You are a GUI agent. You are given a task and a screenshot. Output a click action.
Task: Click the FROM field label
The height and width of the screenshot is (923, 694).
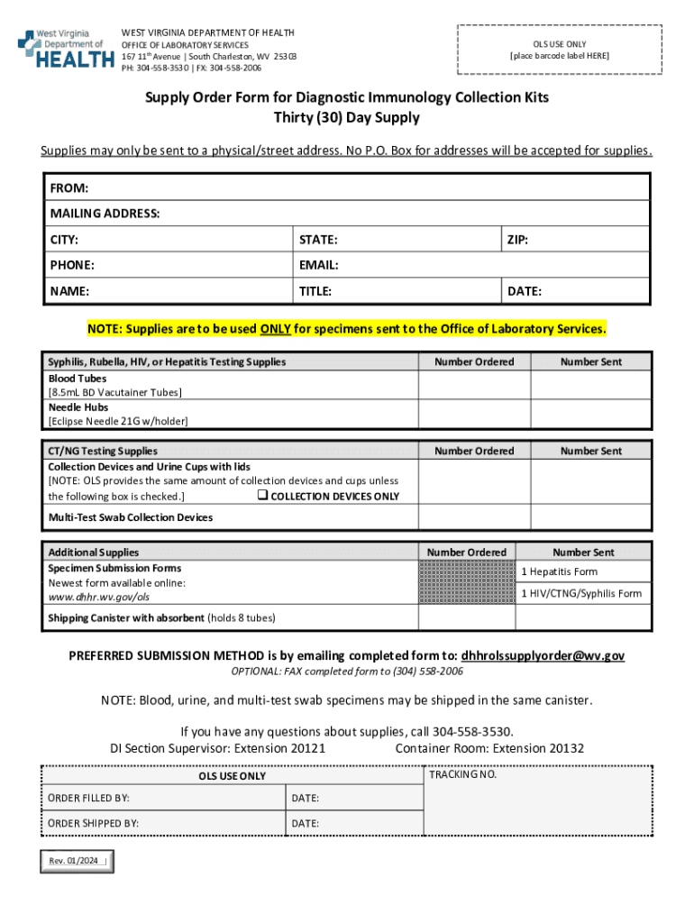[x=69, y=187]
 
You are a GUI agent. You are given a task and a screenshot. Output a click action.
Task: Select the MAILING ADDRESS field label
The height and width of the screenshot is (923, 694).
[x=105, y=214]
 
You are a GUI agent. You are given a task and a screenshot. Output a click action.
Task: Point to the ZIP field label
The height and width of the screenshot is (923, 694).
[x=517, y=240]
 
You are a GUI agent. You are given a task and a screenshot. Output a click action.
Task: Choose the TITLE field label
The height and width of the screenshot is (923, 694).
[x=315, y=291]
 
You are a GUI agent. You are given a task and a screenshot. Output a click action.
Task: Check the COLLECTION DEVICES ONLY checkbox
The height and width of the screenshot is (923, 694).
[x=262, y=496]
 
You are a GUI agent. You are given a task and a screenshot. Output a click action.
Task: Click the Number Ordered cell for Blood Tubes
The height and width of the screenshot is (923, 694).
[x=474, y=385]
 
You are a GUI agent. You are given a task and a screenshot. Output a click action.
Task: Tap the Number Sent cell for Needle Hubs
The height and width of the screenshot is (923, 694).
[x=590, y=414]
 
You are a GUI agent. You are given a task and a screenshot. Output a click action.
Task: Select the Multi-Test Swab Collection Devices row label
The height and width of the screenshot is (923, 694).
[x=131, y=517]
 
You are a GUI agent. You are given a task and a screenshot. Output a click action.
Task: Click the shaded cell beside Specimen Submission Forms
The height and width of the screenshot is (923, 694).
[x=467, y=582]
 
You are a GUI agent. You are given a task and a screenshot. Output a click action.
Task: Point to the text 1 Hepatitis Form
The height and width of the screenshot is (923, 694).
[x=559, y=571]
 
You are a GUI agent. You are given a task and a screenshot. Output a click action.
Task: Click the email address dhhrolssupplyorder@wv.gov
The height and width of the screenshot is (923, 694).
[x=543, y=655]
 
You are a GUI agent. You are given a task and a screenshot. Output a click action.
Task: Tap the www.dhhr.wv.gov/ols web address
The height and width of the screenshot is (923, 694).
[x=99, y=597]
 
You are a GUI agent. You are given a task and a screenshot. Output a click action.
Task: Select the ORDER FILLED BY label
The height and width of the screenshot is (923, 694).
[x=88, y=798]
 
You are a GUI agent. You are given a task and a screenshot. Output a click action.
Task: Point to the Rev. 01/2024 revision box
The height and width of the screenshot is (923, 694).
[x=76, y=861]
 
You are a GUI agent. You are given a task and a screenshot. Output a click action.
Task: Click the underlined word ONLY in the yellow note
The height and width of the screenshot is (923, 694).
[x=275, y=329]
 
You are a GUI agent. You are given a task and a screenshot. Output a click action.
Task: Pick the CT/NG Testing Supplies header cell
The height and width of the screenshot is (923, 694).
[x=103, y=451]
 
